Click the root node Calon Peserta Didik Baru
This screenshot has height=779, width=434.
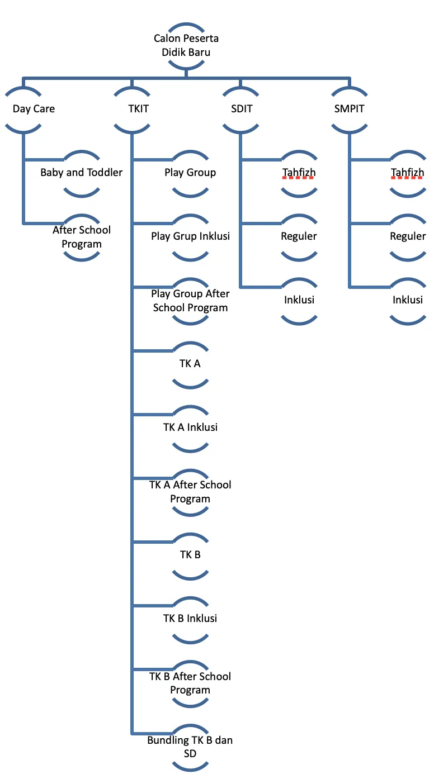(186, 46)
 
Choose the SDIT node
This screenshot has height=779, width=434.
(241, 109)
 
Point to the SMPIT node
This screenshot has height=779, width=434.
(350, 109)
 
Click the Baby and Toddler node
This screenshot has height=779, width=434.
(82, 173)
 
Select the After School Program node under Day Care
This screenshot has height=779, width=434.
(82, 237)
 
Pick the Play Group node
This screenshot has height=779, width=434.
(190, 173)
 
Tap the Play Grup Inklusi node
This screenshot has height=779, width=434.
(190, 236)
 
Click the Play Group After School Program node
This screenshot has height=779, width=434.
(190, 301)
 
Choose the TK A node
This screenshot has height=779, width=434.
(190, 364)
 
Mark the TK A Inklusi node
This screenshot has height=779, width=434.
(190, 427)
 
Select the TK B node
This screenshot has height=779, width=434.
(190, 555)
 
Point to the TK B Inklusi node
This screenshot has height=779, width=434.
(190, 619)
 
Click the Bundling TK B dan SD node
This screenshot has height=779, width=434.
(190, 747)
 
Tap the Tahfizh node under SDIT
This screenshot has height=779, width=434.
(299, 173)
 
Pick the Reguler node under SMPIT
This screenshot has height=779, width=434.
(408, 236)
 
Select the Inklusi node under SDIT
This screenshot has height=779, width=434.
(299, 300)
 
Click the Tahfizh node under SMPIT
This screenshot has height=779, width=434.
(408, 173)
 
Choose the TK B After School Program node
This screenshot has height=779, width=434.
(190, 683)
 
